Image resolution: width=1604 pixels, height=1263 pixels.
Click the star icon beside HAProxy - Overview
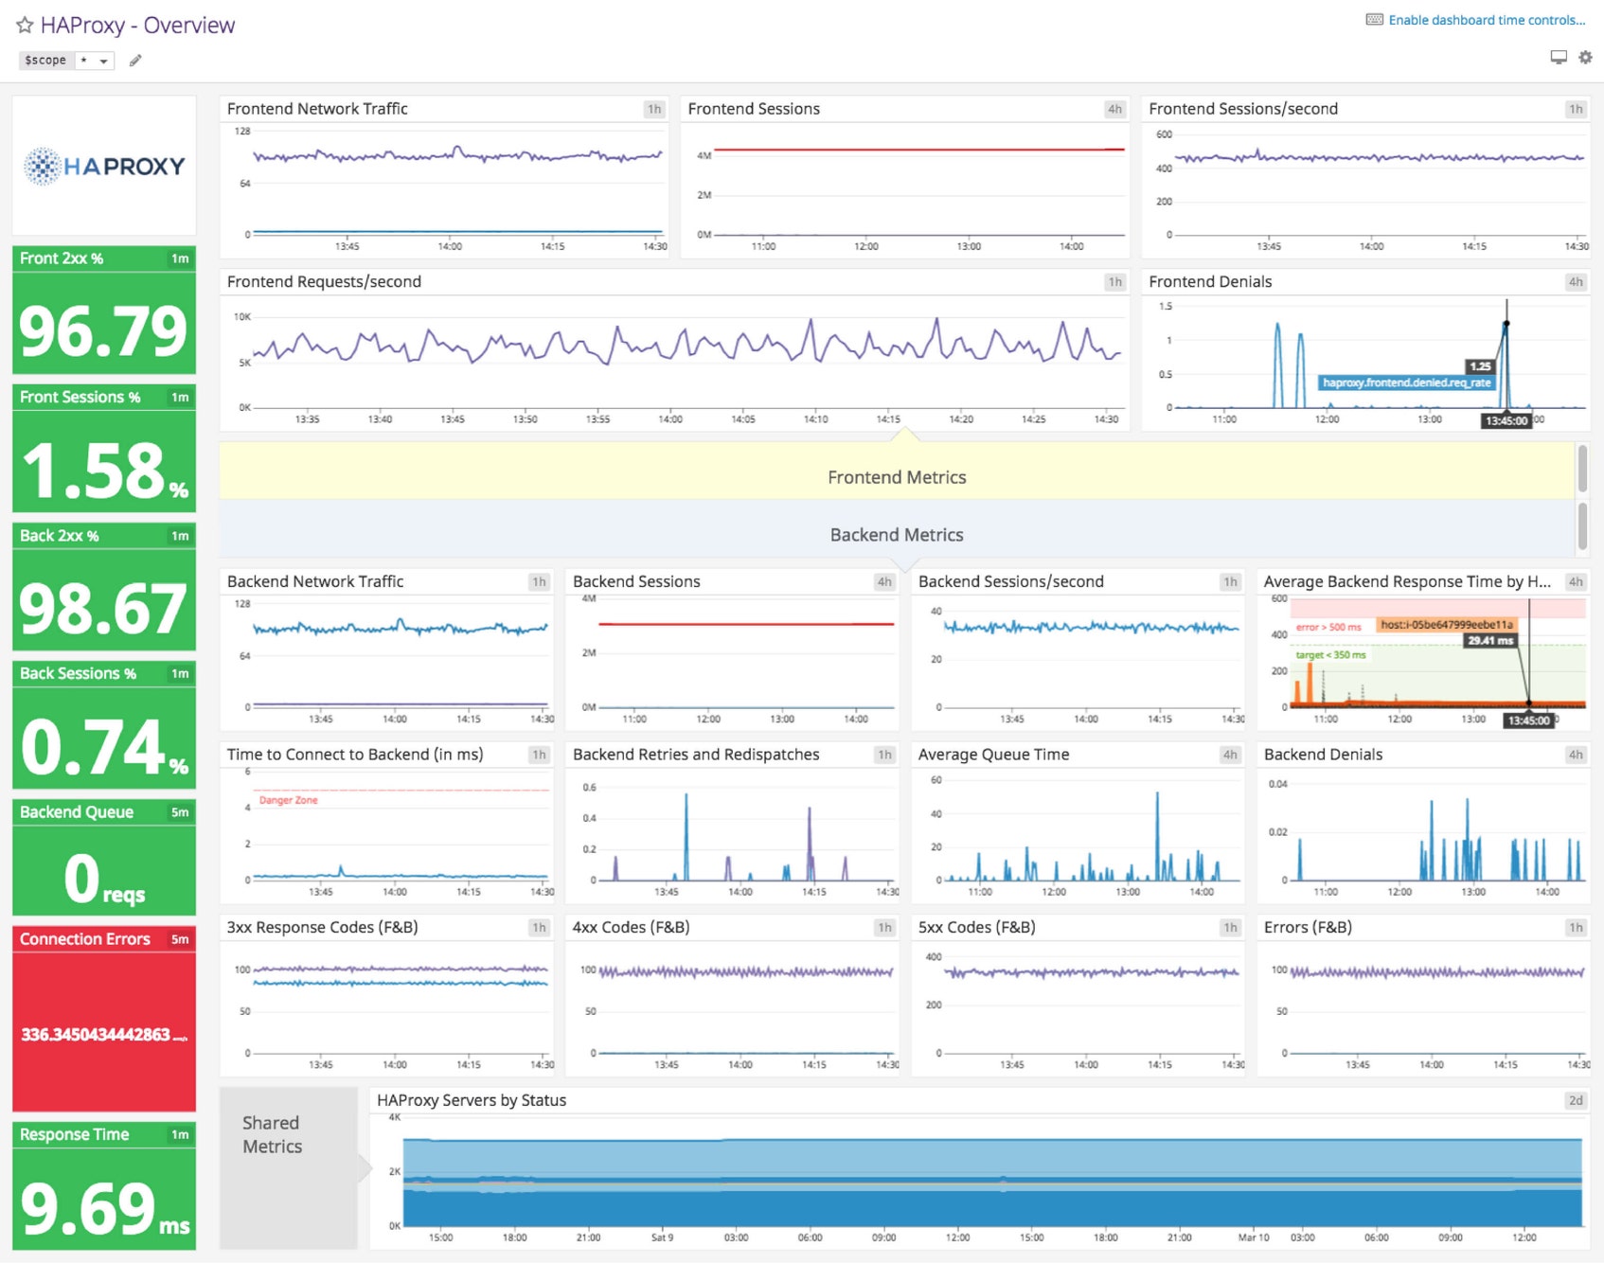25,26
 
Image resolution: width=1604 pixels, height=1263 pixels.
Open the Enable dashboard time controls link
1486,20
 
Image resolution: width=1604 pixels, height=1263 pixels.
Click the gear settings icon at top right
1585,58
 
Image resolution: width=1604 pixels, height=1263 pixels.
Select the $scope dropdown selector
94,61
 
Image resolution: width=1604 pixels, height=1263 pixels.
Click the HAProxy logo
104,166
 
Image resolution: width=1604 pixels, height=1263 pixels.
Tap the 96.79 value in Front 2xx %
103,331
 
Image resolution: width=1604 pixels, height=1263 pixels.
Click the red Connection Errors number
97,1034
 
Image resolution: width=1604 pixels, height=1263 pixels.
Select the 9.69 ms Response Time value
103,1208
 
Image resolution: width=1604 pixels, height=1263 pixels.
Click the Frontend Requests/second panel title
324,282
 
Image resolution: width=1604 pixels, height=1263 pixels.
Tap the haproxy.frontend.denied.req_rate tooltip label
1406,382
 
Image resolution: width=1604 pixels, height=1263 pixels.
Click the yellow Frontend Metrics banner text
897,477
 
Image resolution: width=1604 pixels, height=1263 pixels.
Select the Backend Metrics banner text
897,535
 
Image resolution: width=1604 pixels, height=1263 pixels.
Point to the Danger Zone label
288,800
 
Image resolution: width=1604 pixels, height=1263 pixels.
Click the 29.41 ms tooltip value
1490,641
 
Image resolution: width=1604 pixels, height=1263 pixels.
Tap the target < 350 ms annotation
1330,655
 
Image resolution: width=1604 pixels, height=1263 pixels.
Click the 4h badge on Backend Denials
1575,755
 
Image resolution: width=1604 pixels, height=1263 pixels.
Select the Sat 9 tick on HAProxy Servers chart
662,1237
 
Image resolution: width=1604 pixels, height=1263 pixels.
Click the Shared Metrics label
272,1134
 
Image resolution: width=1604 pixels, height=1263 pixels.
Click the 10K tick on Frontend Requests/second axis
242,317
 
